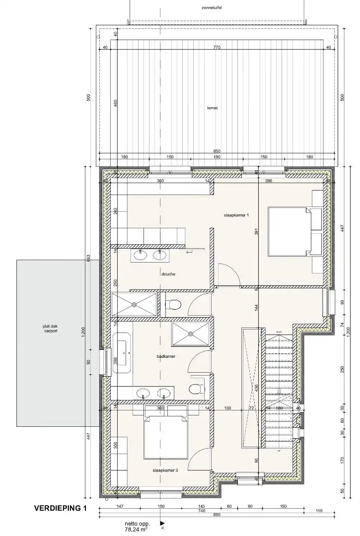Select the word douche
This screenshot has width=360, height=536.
pyautogui.click(x=168, y=274)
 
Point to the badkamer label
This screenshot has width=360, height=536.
pyautogui.click(x=165, y=356)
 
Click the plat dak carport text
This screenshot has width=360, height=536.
pyautogui.click(x=50, y=328)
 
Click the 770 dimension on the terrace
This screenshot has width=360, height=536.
pyautogui.click(x=216, y=48)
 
